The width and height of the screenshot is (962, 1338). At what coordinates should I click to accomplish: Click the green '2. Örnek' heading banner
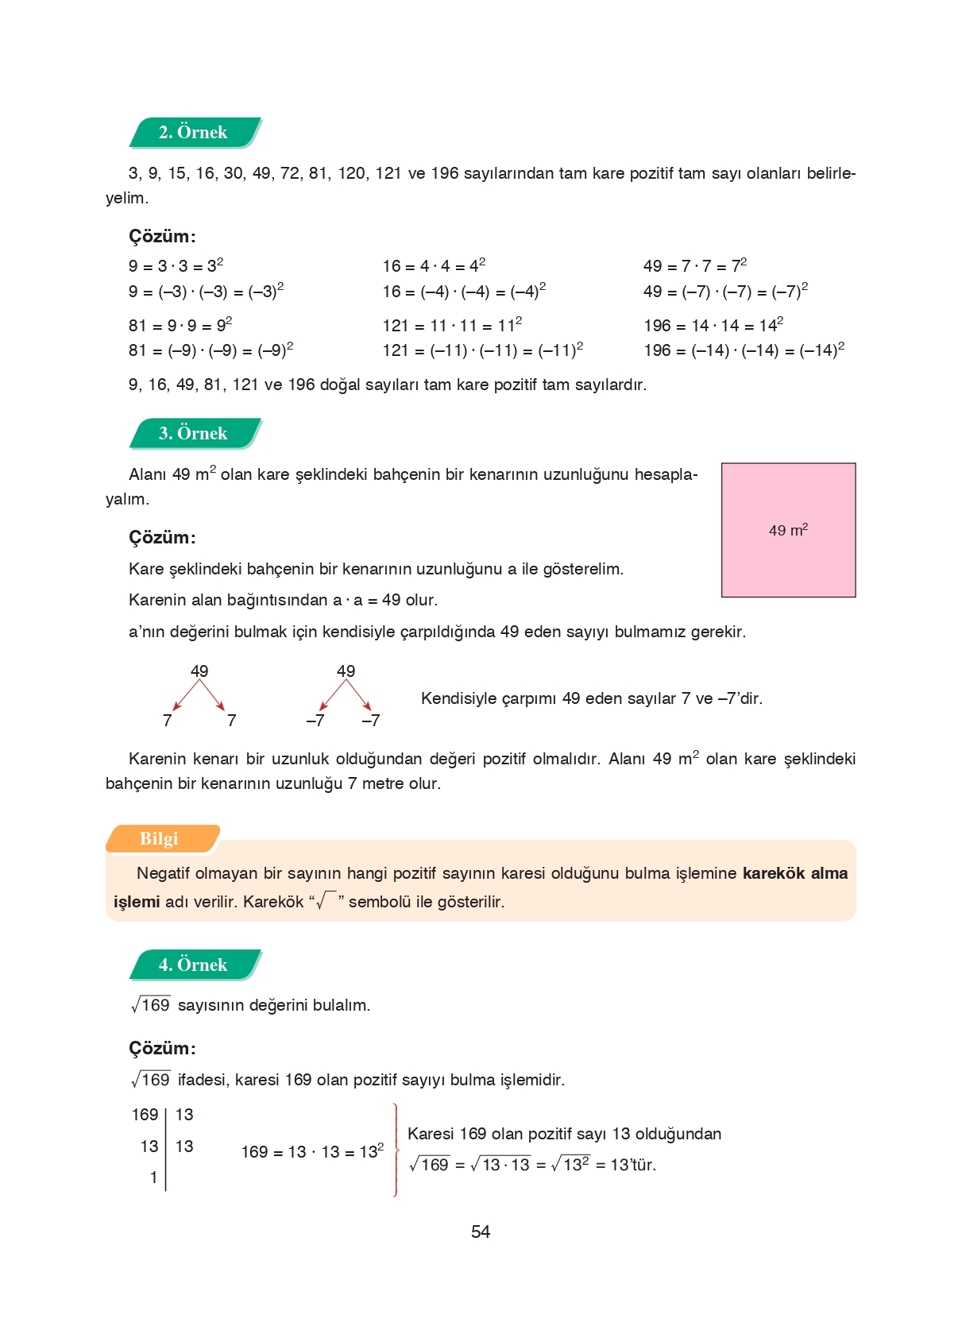click(194, 133)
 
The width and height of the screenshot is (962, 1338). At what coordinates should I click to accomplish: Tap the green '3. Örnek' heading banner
click(194, 434)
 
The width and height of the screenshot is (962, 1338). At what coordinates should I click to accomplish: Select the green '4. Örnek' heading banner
click(194, 965)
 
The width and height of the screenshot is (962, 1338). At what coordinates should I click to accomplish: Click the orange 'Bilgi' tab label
click(160, 839)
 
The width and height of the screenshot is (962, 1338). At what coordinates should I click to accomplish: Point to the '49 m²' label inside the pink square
click(788, 530)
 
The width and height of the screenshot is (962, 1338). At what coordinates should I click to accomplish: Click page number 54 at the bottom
click(481, 1232)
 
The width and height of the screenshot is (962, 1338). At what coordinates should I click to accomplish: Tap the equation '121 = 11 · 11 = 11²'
click(452, 326)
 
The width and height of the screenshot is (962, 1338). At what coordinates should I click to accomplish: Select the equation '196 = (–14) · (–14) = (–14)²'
click(744, 350)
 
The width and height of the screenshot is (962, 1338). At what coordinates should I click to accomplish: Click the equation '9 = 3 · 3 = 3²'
click(176, 266)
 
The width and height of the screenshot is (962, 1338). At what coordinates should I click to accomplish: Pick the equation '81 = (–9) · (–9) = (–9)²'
click(211, 350)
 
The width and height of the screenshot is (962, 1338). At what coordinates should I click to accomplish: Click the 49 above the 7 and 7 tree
click(199, 671)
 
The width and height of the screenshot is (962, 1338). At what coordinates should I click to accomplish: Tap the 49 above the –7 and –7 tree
click(346, 671)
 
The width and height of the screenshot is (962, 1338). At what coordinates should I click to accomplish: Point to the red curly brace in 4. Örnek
click(396, 1149)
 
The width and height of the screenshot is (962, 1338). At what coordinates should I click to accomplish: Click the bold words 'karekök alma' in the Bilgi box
click(794, 874)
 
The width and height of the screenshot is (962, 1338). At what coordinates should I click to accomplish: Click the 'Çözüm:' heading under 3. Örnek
click(162, 538)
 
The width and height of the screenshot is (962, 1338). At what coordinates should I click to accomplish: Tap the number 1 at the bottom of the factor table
click(153, 1178)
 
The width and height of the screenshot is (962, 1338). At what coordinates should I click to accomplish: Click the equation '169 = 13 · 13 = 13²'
click(312, 1152)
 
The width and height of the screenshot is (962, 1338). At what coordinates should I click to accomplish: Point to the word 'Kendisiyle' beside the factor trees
click(457, 699)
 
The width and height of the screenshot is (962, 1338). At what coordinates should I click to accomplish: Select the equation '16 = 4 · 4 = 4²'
click(434, 266)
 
